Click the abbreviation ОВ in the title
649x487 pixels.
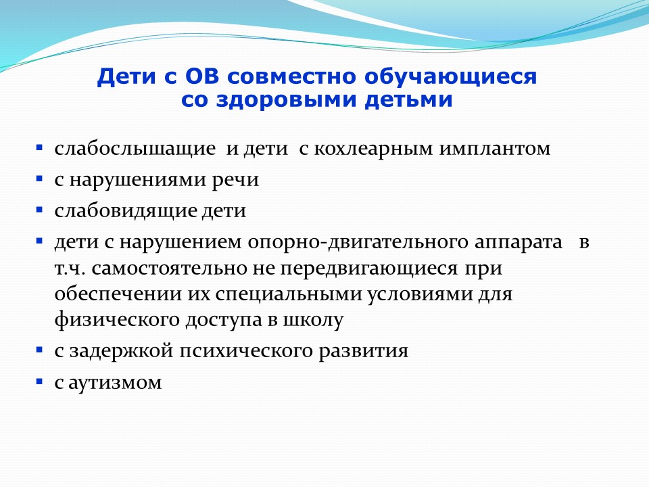[x=201, y=76]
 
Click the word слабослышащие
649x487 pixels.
[x=135, y=149]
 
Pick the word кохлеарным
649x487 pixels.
[x=374, y=149]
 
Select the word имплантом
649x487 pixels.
[x=495, y=149]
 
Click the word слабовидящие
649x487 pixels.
[x=126, y=211]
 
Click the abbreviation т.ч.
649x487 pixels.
[x=70, y=269]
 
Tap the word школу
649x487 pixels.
[x=313, y=321]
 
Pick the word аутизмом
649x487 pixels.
[x=115, y=382]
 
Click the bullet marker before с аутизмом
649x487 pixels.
[x=39, y=381]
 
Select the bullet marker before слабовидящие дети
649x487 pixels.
[x=39, y=210]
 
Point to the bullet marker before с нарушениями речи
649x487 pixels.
[x=39, y=179]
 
